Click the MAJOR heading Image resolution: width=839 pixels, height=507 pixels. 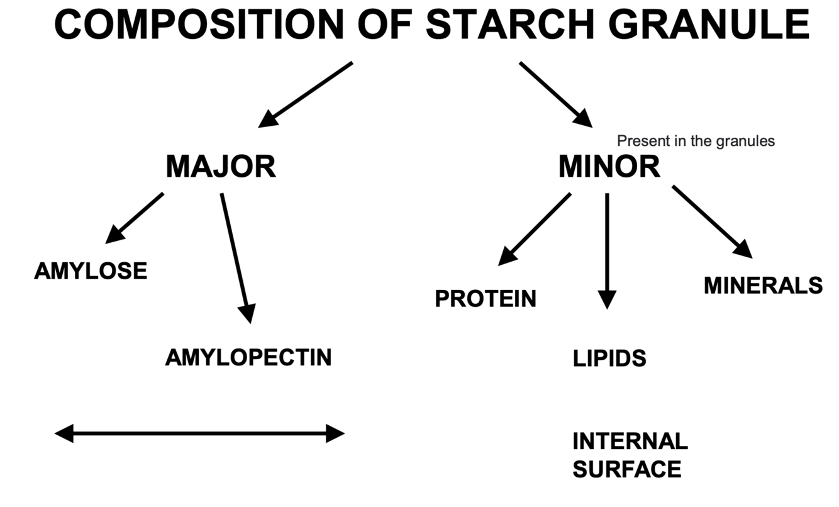point(221,167)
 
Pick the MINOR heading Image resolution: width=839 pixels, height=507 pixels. point(609,167)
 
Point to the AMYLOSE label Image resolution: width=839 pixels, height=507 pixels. point(91,271)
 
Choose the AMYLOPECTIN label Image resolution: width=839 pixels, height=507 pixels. point(248,357)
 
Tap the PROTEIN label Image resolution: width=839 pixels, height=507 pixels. point(486,299)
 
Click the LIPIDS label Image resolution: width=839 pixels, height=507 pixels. point(609,359)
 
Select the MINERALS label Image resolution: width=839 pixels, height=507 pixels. point(763,286)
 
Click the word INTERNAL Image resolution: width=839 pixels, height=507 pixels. point(630,442)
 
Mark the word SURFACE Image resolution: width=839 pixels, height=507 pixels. point(626,470)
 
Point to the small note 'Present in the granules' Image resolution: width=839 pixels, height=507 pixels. point(696,141)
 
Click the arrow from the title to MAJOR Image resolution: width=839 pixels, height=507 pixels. point(306,94)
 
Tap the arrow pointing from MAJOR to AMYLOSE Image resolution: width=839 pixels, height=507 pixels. point(135,218)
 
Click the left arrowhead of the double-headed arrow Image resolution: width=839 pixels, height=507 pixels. point(64,433)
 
